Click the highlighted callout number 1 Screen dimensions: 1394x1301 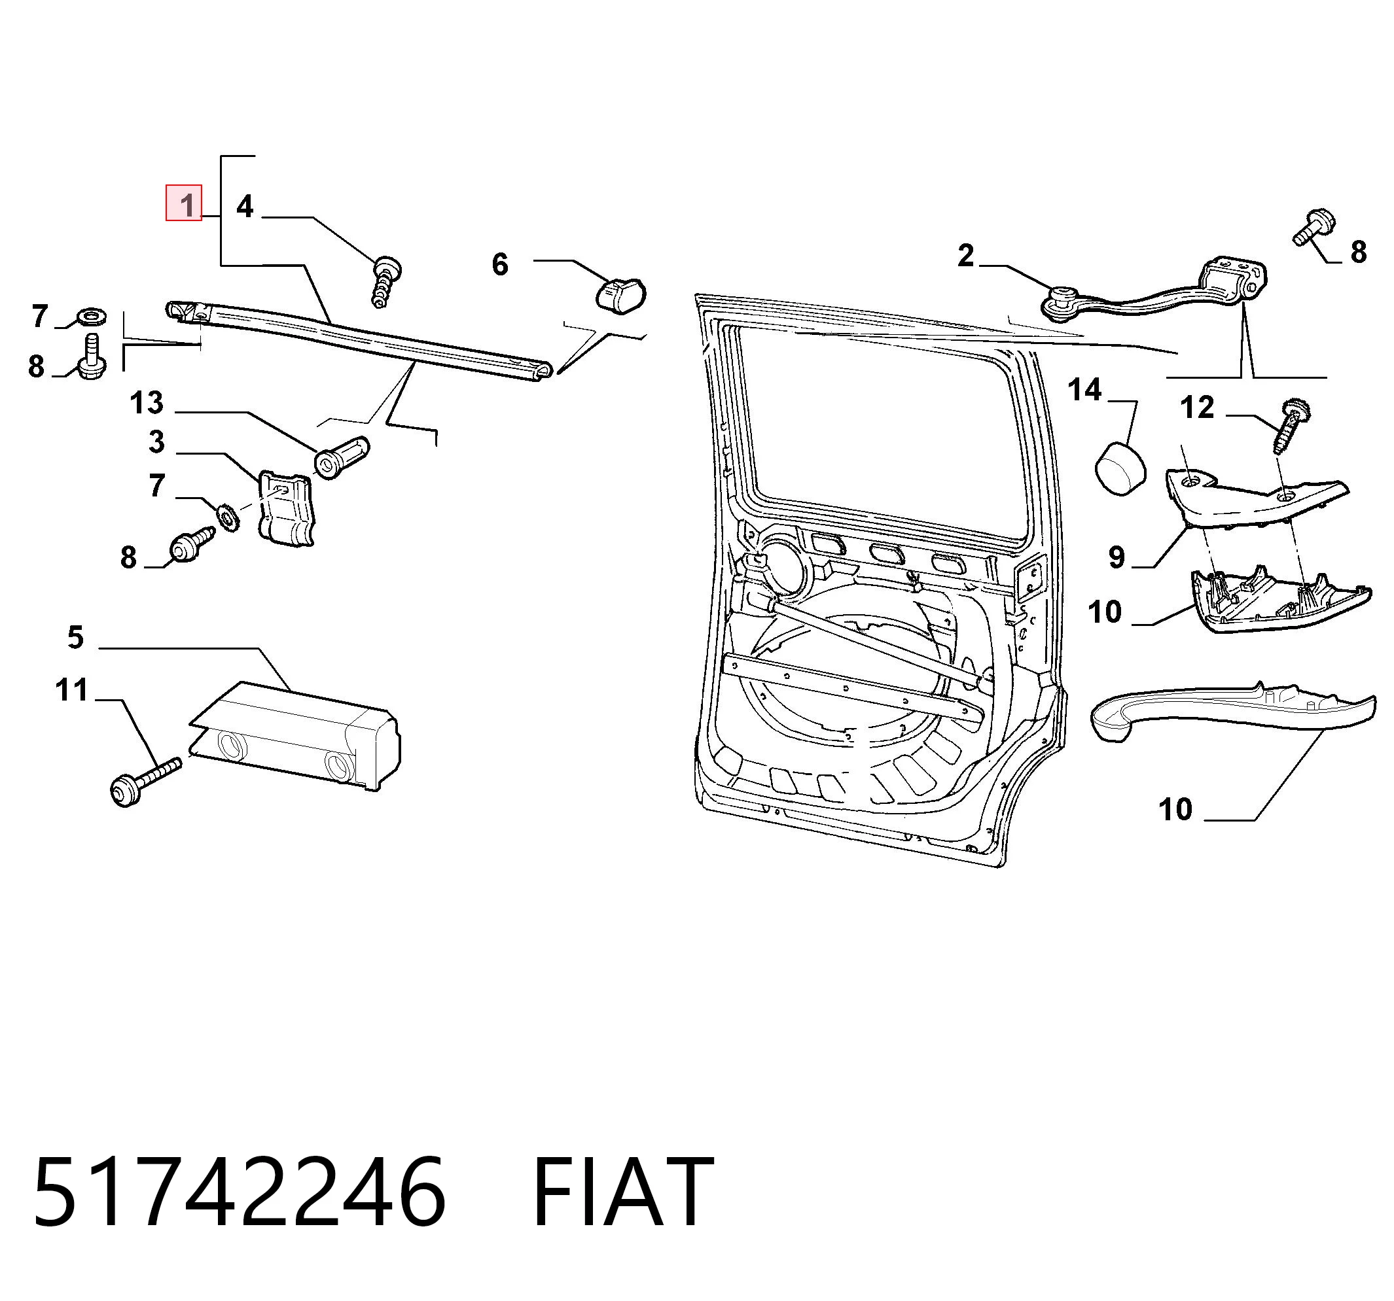184,203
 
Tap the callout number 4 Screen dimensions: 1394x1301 244,206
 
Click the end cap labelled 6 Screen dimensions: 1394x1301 620,294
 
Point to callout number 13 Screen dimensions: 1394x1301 147,402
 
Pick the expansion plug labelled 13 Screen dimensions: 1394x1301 341,457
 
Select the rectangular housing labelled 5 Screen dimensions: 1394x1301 295,736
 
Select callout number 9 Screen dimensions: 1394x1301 1117,557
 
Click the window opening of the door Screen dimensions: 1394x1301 881,429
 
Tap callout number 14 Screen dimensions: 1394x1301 1084,390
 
